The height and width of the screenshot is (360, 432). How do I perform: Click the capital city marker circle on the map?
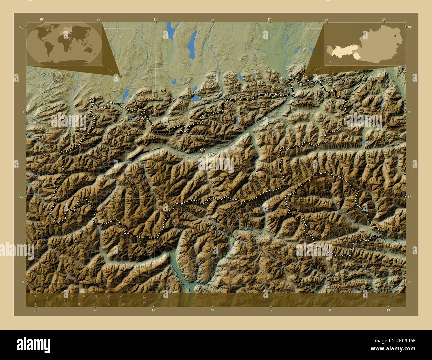[202, 151]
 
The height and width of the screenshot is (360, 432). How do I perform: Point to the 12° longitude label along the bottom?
[271, 310]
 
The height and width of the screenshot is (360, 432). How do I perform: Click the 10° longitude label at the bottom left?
[36, 310]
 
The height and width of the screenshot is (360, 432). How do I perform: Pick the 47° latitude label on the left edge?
[22, 197]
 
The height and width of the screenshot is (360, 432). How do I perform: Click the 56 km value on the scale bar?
[120, 296]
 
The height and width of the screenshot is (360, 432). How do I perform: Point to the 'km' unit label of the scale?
[144, 297]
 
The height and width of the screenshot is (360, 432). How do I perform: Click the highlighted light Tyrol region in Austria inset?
[342, 51]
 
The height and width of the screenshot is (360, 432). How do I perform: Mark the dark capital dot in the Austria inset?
[395, 35]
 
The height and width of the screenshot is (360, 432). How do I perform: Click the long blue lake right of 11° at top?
[192, 45]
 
